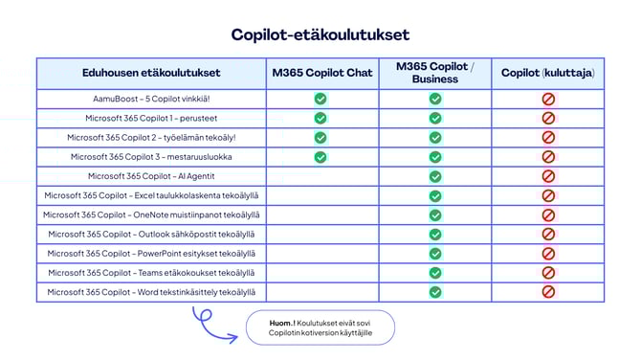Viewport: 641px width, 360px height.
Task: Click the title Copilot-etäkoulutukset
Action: [x=320, y=34]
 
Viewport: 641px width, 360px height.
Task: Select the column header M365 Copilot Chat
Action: [x=322, y=73]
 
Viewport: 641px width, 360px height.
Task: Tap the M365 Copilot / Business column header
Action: [x=434, y=73]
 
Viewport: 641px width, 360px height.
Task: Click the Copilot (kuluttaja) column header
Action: [x=548, y=73]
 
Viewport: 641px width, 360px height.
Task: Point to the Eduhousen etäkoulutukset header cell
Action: [x=151, y=73]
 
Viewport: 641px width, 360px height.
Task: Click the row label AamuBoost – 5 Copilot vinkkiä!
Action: [x=151, y=99]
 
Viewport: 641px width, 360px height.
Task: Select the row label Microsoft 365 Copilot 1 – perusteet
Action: [x=151, y=118]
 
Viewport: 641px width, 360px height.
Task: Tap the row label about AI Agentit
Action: [x=151, y=176]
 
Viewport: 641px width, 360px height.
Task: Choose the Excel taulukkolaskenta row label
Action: [x=151, y=195]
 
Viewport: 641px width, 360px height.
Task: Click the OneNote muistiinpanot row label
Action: [x=151, y=215]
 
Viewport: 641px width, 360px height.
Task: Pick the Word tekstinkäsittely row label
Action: [x=151, y=292]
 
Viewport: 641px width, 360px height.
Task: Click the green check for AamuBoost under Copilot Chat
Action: [x=320, y=99]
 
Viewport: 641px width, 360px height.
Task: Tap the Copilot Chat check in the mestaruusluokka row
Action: [x=320, y=156]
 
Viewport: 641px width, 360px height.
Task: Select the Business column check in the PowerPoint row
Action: [x=435, y=254]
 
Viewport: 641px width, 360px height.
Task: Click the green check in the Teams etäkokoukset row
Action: [x=435, y=273]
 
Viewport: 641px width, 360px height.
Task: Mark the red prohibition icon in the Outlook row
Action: [x=548, y=234]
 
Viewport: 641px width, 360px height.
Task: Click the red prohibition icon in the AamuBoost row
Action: [x=548, y=99]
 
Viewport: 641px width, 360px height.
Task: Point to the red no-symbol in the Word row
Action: [x=548, y=292]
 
